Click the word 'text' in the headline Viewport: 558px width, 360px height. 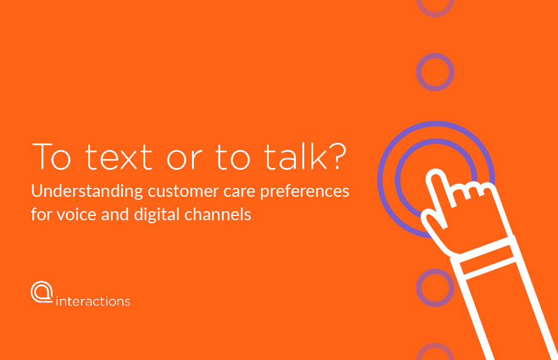pyautogui.click(x=119, y=157)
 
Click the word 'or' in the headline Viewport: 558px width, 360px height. pyautogui.click(x=184, y=160)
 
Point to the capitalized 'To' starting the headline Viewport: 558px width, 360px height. pyautogui.click(x=51, y=156)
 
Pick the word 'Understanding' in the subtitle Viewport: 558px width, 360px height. pyautogui.click(x=87, y=191)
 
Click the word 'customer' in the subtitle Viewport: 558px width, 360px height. pyautogui.click(x=183, y=192)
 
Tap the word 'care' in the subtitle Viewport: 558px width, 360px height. pyautogui.click(x=239, y=193)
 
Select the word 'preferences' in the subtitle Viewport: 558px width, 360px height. pyautogui.click(x=305, y=192)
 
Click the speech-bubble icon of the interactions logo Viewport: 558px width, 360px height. pyautogui.click(x=42, y=292)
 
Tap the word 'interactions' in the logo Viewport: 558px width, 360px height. pyautogui.click(x=93, y=301)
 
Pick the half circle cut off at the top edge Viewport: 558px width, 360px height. pyautogui.click(x=435, y=14)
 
